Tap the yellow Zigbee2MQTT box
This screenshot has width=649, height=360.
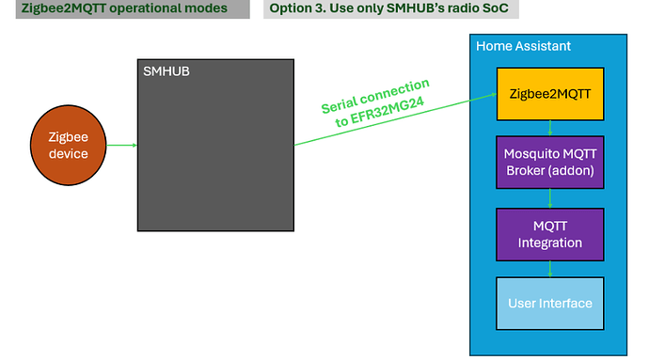[550, 94]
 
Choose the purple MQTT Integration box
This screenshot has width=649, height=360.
[550, 234]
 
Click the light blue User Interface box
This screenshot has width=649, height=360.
[550, 303]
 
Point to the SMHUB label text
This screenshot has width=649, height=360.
[166, 71]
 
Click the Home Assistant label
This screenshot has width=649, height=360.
[523, 46]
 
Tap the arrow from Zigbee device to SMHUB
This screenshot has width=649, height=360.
[123, 145]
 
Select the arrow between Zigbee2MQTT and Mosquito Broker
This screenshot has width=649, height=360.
[550, 129]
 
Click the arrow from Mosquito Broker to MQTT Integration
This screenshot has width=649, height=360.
[550, 198]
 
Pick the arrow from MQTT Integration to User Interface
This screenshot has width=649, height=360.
[550, 268]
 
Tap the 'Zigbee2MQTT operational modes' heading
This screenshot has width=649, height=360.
[124, 9]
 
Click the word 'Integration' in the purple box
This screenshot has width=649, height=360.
[550, 243]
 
